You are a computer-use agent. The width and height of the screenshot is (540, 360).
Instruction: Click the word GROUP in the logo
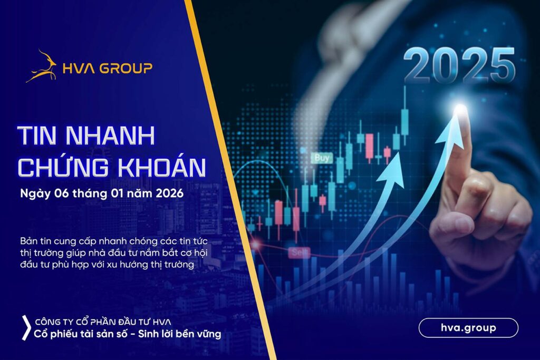(126, 69)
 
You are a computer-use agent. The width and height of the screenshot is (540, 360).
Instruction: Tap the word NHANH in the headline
(110, 135)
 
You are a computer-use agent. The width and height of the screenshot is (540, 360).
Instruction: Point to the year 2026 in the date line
(169, 193)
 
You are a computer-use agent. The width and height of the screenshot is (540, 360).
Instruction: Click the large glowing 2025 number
(459, 65)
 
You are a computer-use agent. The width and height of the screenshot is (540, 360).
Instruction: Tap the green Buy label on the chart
(322, 158)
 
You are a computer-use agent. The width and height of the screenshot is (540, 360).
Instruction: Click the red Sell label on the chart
(299, 252)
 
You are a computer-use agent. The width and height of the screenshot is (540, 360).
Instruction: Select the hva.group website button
(468, 328)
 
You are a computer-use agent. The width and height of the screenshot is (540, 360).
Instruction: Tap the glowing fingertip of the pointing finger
(460, 110)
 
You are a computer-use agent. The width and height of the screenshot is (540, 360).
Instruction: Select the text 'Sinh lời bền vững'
(179, 334)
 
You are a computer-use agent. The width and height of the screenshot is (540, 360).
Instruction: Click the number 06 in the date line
(61, 193)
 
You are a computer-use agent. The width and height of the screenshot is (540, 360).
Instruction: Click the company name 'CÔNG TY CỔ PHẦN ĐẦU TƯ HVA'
(103, 322)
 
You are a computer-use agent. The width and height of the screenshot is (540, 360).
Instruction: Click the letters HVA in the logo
(79, 69)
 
